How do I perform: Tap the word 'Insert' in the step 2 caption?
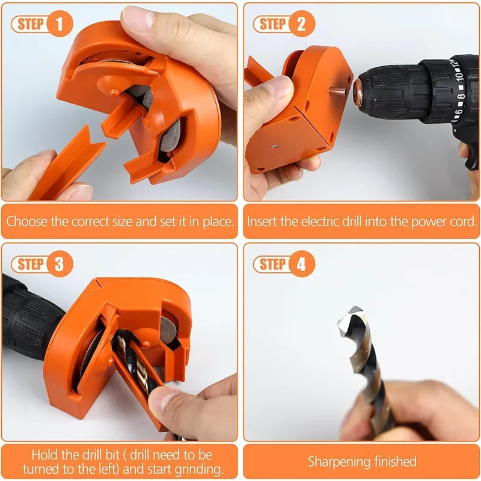(264, 221)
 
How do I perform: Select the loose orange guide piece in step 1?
(66, 165)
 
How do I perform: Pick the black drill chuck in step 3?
(30, 316)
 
